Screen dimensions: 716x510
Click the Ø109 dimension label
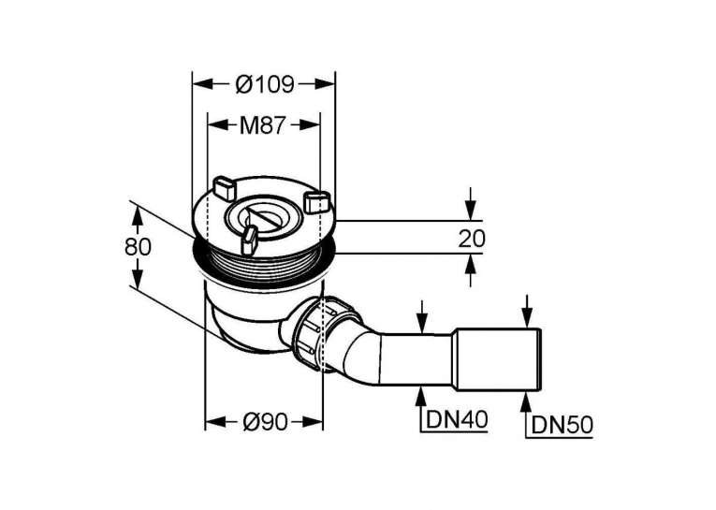point(264,84)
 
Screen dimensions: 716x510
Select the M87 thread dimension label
point(263,125)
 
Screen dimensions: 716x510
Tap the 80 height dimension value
point(138,247)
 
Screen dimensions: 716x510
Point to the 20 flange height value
point(472,238)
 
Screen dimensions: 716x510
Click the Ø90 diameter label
point(264,420)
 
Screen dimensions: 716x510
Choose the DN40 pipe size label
point(457,419)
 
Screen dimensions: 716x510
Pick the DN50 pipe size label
point(563,426)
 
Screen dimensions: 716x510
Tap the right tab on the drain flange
point(317,200)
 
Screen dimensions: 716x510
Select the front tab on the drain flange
point(249,240)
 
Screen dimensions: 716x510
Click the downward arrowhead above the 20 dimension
point(471,211)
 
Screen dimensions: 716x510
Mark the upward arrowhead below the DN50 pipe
point(527,401)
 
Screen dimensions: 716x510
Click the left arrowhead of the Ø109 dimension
point(202,84)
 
